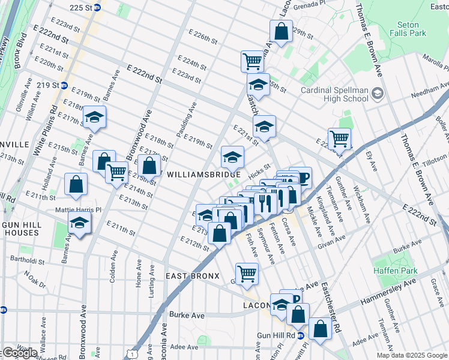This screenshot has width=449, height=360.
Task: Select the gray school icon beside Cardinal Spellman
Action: pos(377,94)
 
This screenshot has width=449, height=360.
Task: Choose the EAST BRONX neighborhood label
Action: pos(190,275)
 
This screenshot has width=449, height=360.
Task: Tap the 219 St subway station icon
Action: pos(64,86)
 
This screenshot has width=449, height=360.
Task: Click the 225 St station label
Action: pos(85,8)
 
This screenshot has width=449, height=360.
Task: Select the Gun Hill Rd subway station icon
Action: pos(301,335)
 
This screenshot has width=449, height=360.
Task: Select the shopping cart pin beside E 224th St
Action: pos(252,60)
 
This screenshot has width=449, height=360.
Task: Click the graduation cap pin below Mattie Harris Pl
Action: pos(79,223)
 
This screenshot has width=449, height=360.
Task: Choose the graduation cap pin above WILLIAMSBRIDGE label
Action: pos(233,157)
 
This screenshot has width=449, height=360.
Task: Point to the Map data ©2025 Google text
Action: pos(412,355)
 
